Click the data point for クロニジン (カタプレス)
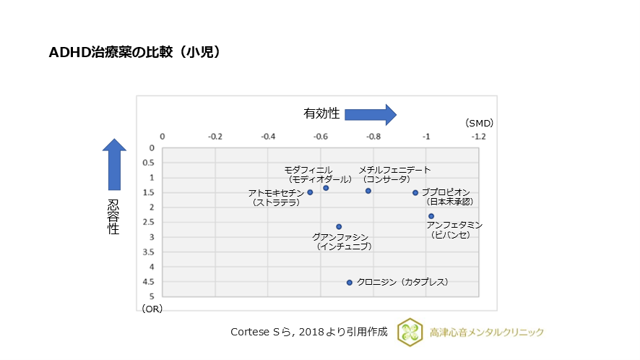click(350, 283)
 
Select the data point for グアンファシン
click(339, 226)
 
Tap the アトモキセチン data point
click(310, 192)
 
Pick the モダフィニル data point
click(326, 188)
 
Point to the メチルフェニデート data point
click(368, 191)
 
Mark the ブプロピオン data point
click(415, 192)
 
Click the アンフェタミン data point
click(431, 216)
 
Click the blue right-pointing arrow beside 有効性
click(371, 114)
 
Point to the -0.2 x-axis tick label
click(215, 136)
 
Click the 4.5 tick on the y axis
click(150, 282)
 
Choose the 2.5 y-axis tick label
click(150, 222)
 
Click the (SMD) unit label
click(479, 123)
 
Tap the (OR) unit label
click(152, 309)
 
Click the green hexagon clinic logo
click(410, 332)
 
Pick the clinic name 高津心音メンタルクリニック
click(486, 333)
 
